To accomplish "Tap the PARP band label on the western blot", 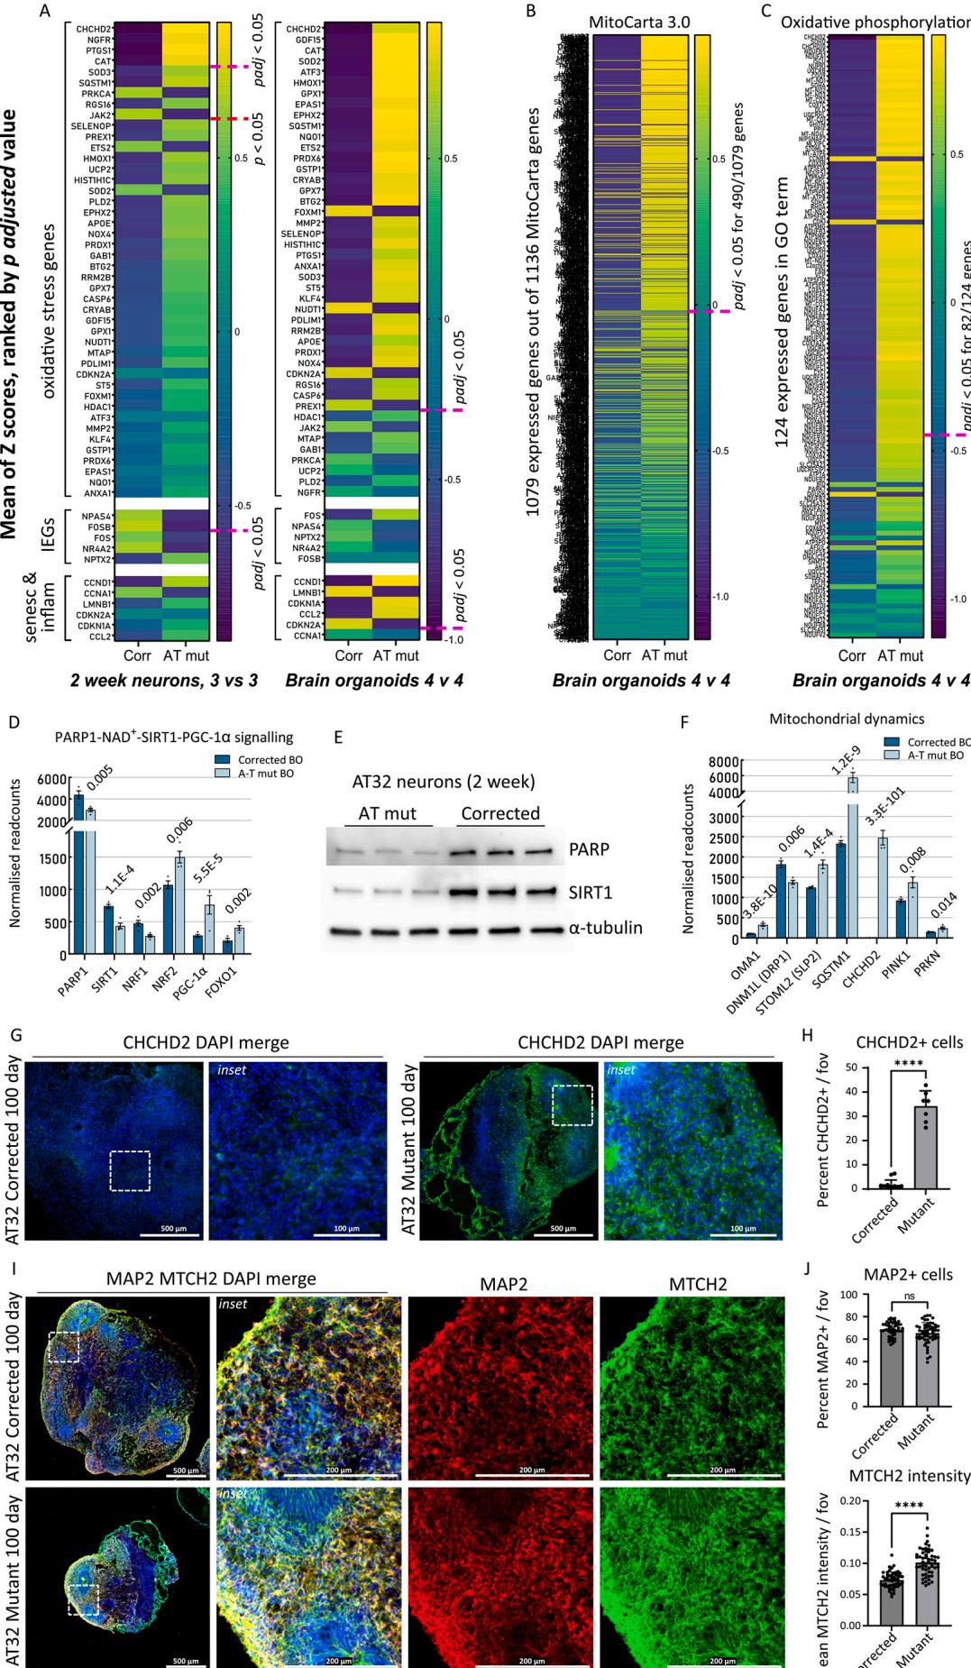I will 589,849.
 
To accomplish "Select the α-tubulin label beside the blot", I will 605,927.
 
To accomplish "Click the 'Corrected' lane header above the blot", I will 500,813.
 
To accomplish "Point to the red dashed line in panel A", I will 229,119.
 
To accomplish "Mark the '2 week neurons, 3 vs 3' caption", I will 164,681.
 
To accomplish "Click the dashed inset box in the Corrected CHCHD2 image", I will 130,1170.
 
